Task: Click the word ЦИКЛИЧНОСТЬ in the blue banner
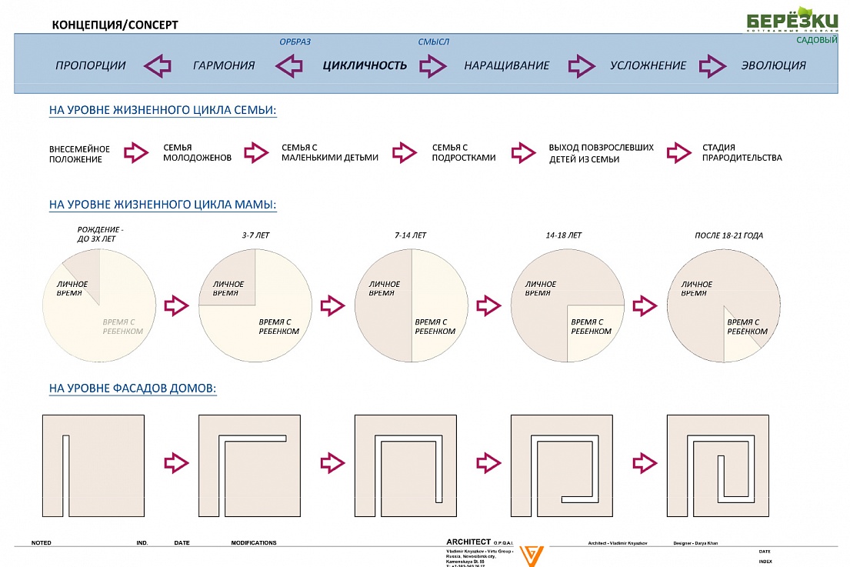tap(365, 65)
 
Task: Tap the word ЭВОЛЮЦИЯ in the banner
tap(773, 65)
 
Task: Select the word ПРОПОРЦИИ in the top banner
tap(90, 65)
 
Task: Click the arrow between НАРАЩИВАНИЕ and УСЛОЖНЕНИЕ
tap(582, 65)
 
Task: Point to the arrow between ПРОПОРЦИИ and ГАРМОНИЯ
tap(158, 65)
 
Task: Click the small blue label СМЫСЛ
tap(433, 42)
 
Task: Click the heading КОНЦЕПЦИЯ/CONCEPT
tap(115, 25)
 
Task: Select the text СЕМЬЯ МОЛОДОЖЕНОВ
tap(197, 152)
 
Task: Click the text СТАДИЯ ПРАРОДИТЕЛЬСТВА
tap(742, 152)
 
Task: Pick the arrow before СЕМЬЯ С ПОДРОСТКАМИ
tap(404, 152)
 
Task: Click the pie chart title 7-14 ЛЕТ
tap(409, 235)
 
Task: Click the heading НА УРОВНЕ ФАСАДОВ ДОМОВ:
tap(132, 389)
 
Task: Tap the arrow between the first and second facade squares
tap(176, 462)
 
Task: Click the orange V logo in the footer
tap(530, 555)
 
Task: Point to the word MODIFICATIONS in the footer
tap(253, 543)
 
